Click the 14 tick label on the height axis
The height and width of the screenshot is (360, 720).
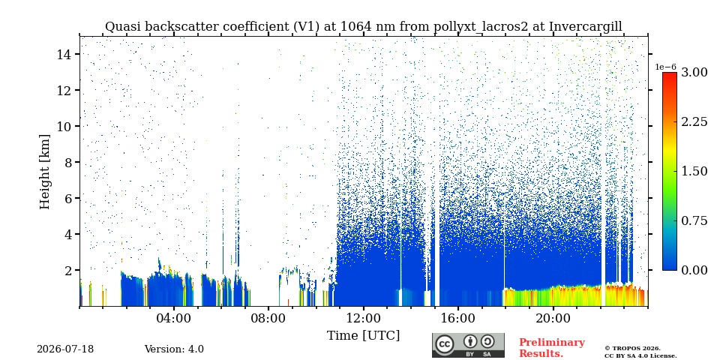63,54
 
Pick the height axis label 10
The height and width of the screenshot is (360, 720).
63,126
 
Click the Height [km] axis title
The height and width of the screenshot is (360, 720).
44,172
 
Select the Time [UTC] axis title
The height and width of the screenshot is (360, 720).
363,336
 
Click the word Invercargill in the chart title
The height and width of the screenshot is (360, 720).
586,27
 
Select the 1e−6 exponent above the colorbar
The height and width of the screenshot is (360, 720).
666,67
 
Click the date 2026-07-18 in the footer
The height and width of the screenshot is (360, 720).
65,349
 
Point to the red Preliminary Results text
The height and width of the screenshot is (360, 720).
552,348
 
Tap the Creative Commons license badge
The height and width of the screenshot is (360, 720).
468,345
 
